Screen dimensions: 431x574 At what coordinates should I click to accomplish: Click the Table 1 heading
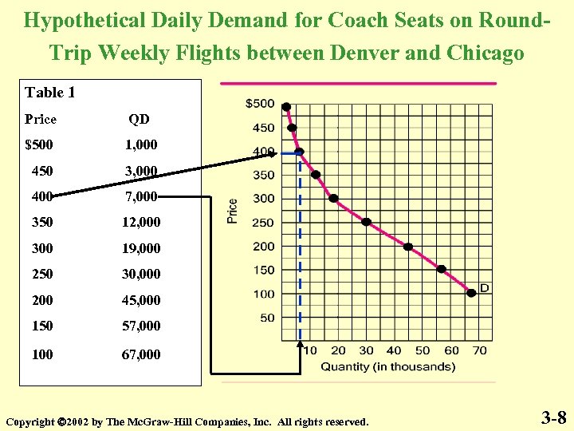coord(50,93)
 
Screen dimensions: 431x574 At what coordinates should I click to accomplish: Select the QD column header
coord(140,120)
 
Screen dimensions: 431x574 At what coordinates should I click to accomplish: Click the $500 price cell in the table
coord(41,145)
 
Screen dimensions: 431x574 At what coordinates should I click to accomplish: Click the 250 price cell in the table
coord(42,274)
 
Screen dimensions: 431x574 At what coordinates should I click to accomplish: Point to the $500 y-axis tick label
coord(259,104)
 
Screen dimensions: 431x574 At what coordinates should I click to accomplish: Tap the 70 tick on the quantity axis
coord(479,350)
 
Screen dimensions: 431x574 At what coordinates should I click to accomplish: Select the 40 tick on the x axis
coord(394,350)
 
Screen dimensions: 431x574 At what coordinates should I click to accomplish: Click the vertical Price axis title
coord(233,211)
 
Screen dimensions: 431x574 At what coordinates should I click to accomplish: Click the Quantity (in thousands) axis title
coord(388,367)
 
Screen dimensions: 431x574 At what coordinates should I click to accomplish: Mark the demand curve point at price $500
coord(286,107)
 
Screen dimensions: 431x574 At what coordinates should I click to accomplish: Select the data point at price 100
coord(471,293)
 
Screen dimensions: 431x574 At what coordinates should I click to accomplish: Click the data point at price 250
coord(367,222)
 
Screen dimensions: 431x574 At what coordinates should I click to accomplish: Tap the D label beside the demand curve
coord(484,287)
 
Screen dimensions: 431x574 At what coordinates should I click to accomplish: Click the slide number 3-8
coord(554,417)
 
